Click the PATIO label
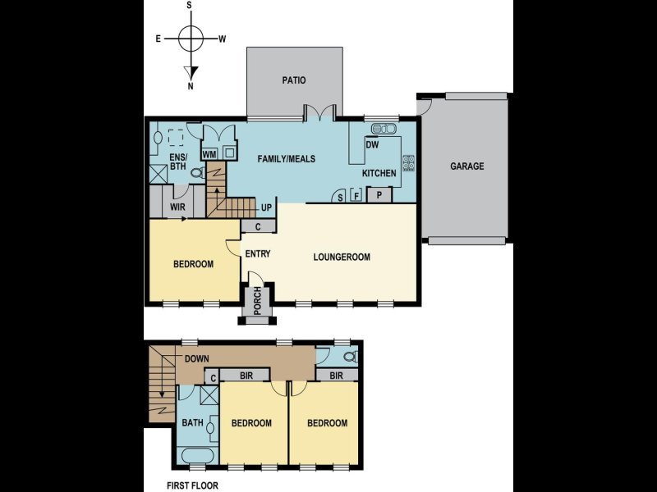point(294,80)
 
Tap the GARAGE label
point(466,166)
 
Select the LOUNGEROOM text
point(342,257)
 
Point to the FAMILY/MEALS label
point(286,159)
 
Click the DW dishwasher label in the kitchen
point(372,145)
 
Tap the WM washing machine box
point(209,154)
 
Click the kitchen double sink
point(384,129)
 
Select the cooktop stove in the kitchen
point(408,162)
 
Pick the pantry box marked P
point(379,195)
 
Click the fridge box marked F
point(356,195)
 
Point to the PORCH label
point(257,300)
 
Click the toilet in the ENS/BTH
point(198,172)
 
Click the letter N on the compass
point(191,87)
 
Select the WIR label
point(177,207)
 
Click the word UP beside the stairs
point(266,207)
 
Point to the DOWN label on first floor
point(197,359)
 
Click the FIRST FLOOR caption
point(192,485)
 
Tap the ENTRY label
point(258,254)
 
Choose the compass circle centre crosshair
point(191,39)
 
